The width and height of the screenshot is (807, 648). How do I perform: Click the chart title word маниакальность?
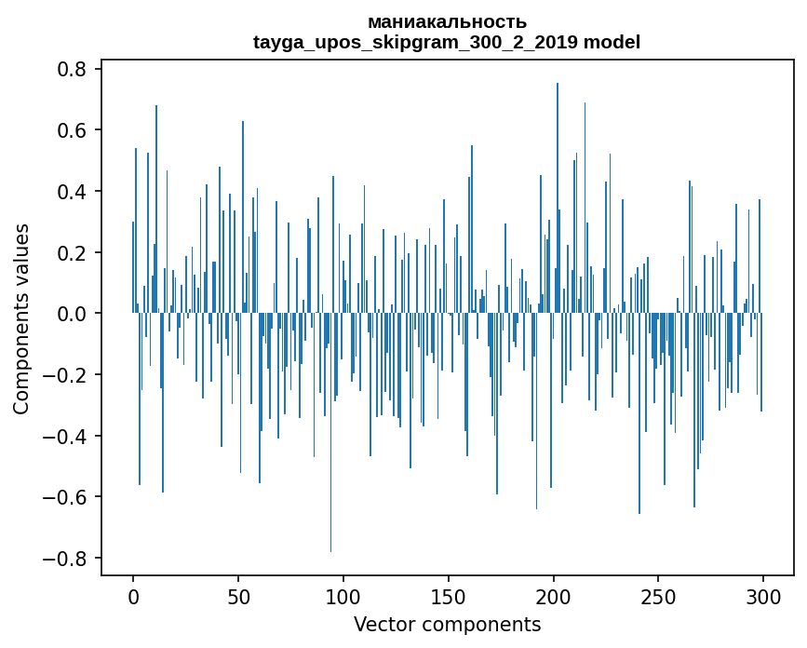447,21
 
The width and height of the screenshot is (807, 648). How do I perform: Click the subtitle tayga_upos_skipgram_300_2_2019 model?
447,42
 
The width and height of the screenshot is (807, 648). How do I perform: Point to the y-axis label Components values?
20,318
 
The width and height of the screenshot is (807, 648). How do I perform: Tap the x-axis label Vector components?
447,624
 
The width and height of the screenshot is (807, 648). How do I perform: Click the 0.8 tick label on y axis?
73,70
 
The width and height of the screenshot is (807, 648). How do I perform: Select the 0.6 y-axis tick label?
73,130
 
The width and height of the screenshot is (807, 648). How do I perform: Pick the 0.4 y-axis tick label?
73,192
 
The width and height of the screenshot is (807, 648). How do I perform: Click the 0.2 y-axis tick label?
73,253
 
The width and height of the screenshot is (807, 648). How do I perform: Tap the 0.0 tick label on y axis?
73,314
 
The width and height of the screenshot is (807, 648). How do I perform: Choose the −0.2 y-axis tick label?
66,375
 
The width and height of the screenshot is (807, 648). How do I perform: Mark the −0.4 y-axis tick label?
66,437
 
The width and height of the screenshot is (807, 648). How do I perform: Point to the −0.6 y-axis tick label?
66,497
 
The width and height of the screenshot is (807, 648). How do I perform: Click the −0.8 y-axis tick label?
66,559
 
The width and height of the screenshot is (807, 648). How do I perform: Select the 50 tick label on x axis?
238,596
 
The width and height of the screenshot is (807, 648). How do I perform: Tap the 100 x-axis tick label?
343,596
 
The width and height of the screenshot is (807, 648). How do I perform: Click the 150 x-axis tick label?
449,596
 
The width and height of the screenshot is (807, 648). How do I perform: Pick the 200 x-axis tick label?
554,596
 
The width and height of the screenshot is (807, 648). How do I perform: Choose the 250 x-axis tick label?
658,596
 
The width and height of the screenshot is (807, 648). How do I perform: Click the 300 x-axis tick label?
763,596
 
